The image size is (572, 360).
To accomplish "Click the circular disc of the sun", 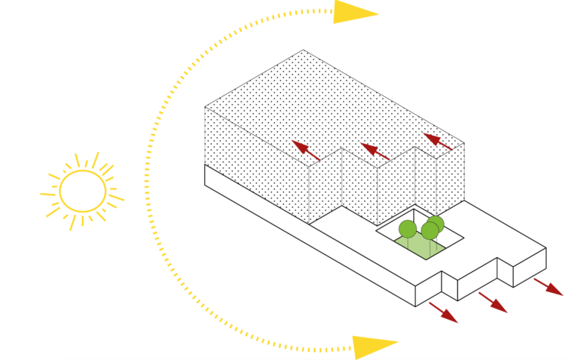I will [x=83, y=191].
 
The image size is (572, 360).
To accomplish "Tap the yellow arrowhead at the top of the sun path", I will [x=355, y=12].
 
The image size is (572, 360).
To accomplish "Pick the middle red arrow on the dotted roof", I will [x=375, y=152].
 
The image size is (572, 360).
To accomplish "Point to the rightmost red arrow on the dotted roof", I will [x=438, y=142].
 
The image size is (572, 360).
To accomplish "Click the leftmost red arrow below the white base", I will [x=443, y=312].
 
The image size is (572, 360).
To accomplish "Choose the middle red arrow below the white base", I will [x=493, y=303].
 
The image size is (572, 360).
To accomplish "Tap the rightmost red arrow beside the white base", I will [x=549, y=287].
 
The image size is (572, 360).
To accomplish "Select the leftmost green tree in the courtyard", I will [x=407, y=229].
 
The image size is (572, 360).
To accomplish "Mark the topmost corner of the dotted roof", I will [x=304, y=50].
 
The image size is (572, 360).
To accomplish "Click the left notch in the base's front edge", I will [x=449, y=282].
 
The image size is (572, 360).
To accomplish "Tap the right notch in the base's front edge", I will [x=504, y=272].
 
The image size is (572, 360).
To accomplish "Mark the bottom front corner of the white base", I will [x=415, y=306].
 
